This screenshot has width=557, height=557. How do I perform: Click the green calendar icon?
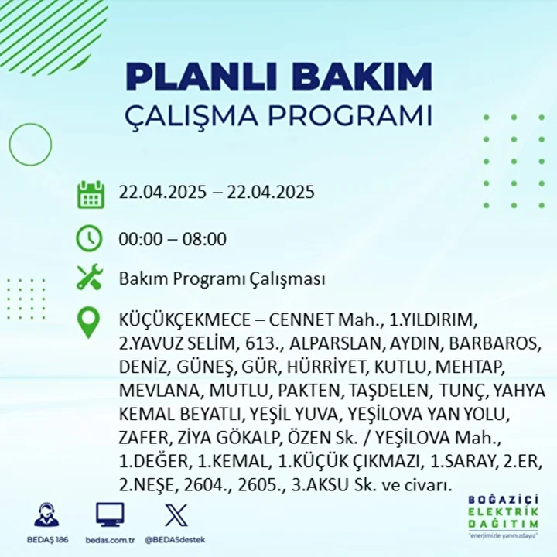(91, 194)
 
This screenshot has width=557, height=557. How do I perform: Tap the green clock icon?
(89, 238)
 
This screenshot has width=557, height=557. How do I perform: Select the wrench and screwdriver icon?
(90, 277)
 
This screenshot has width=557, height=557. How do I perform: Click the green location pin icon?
(88, 322)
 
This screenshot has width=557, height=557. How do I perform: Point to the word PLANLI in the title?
(201, 76)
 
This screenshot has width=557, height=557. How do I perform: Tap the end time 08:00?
(204, 239)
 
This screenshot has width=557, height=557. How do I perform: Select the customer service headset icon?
(47, 514)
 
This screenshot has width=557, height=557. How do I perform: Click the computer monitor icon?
(110, 514)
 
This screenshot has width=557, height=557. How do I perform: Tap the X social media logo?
(176, 514)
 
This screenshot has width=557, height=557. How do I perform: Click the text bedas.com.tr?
(110, 540)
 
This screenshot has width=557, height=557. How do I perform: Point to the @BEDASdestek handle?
(175, 540)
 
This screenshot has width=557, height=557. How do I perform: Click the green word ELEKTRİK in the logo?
(503, 512)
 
